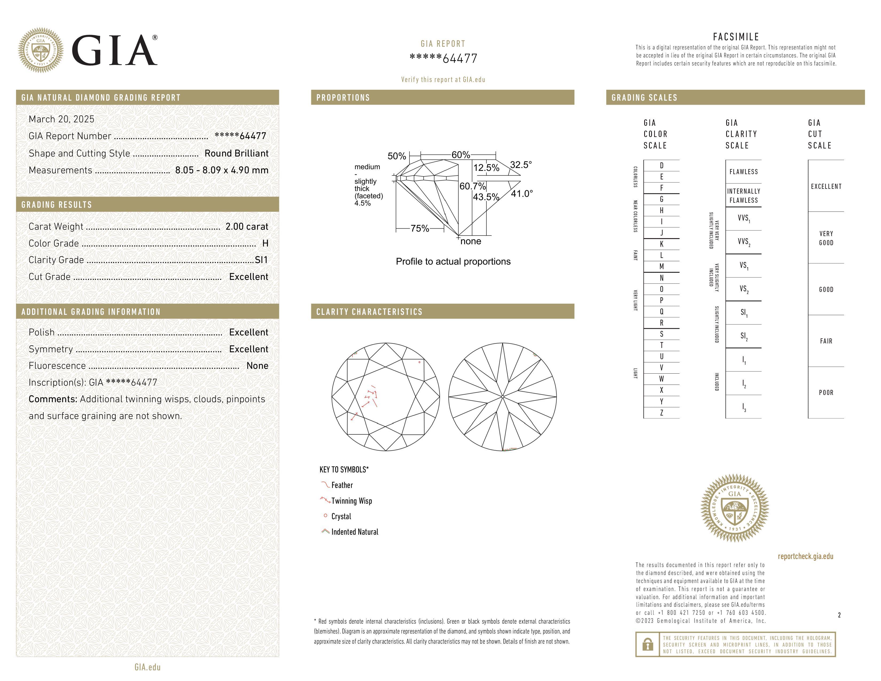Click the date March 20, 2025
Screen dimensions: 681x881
click(61, 119)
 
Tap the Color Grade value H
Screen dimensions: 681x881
click(265, 243)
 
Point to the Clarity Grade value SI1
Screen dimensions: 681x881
click(261, 260)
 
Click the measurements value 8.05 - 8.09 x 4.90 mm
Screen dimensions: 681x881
click(222, 170)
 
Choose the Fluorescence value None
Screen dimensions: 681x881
click(257, 366)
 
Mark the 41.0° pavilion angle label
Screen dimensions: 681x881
click(522, 194)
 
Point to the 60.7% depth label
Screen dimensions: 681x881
click(472, 186)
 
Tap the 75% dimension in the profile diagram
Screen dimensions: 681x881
click(419, 228)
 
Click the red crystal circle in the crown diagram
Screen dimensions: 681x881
click(419, 362)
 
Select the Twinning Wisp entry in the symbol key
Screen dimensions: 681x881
click(351, 501)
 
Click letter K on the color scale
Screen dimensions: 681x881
click(662, 244)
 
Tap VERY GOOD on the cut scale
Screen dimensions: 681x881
click(826, 238)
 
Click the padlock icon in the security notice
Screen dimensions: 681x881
click(647, 644)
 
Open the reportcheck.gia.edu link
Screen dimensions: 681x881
click(805, 556)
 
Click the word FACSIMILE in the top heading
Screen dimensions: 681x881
click(736, 37)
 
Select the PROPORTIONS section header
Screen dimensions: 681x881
click(343, 98)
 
